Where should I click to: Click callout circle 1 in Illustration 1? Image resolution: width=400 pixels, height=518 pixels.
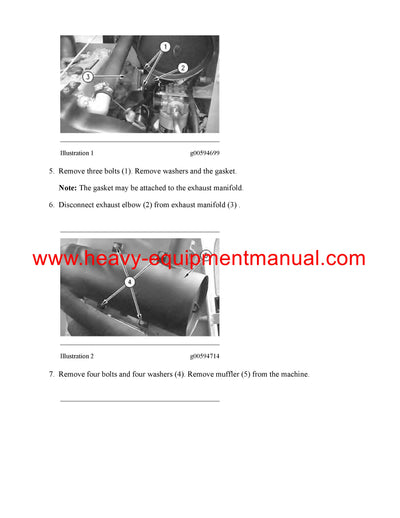click(x=165, y=47)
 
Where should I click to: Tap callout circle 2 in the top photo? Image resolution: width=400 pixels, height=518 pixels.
click(x=183, y=67)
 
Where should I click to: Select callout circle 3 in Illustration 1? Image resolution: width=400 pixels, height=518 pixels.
click(x=88, y=77)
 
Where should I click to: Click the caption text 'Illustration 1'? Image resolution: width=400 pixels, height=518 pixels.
click(x=77, y=153)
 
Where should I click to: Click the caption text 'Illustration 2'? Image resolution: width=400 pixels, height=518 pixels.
click(x=77, y=356)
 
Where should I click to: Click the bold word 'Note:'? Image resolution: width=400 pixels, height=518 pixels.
click(x=67, y=188)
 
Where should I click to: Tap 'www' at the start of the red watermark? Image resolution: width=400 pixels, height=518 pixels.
click(x=49, y=259)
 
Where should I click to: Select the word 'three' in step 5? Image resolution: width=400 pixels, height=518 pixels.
click(x=97, y=171)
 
